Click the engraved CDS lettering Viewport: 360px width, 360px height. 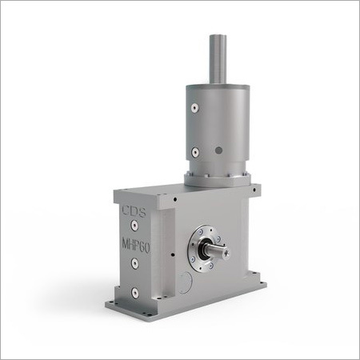(x=133, y=214)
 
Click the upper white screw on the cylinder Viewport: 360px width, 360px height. (x=195, y=109)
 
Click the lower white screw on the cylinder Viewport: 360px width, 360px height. (x=195, y=152)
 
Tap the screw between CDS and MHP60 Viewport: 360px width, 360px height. (x=134, y=228)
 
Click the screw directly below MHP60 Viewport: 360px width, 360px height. (x=134, y=265)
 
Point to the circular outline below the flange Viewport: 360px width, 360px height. (x=186, y=281)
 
